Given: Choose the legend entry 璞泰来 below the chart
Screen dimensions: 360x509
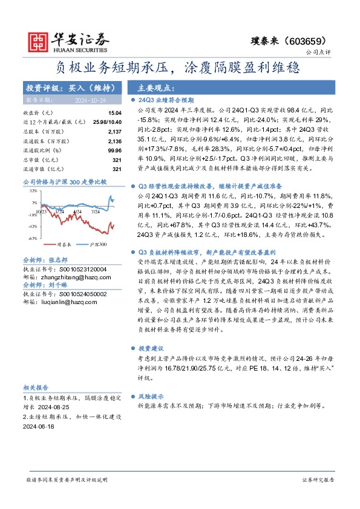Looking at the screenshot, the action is (x=64, y=245).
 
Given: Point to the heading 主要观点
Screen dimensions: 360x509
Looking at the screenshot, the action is (x=156, y=87).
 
